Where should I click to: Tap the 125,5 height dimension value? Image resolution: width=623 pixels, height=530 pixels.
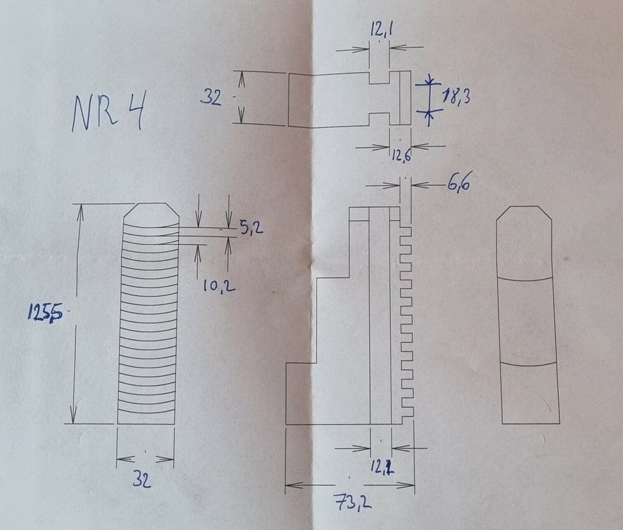click(44, 313)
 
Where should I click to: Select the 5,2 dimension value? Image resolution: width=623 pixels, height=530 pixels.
click(249, 228)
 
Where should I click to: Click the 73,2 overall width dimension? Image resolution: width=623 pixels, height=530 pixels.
click(352, 502)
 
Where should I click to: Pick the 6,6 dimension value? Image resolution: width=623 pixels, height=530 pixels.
click(458, 184)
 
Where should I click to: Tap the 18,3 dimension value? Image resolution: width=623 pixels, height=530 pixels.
click(456, 98)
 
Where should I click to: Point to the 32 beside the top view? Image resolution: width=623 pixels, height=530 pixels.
click(210, 97)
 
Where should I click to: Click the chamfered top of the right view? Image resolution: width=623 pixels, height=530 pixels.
click(524, 214)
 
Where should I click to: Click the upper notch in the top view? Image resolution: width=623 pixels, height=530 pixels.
click(379, 77)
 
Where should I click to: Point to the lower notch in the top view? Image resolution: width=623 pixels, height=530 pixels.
click(379, 119)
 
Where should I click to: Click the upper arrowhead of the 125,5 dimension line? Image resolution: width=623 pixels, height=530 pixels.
click(80, 209)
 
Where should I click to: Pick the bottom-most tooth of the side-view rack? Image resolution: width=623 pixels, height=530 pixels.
click(408, 412)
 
